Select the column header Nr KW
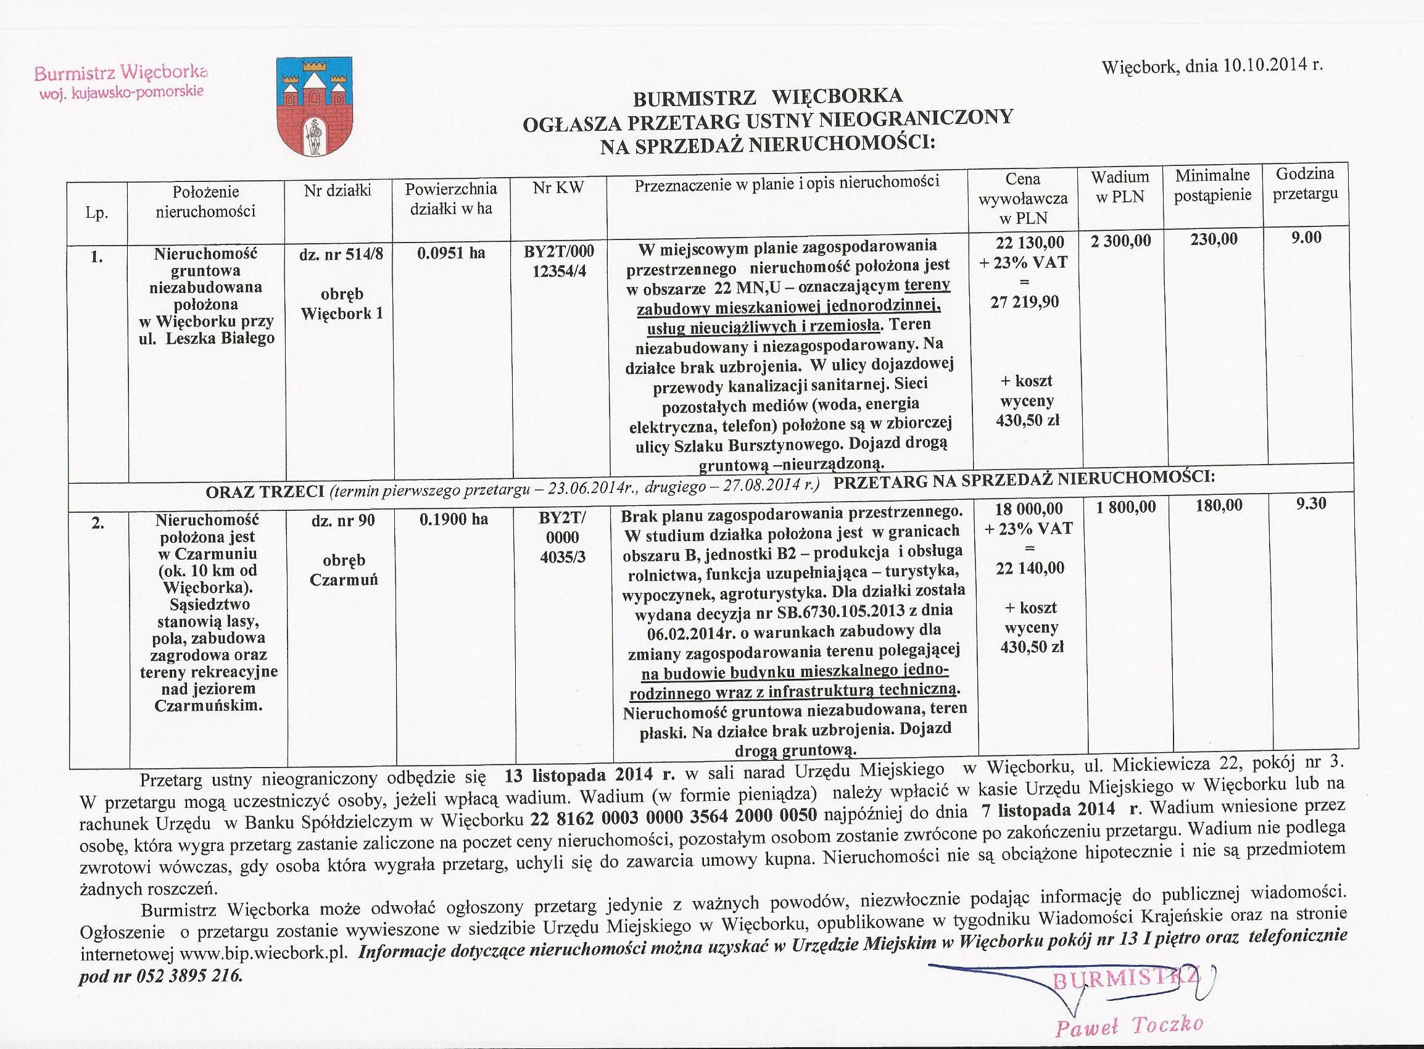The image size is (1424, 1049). (x=559, y=188)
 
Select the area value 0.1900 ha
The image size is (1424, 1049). (x=453, y=519)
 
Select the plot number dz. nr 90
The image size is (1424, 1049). (x=343, y=520)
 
